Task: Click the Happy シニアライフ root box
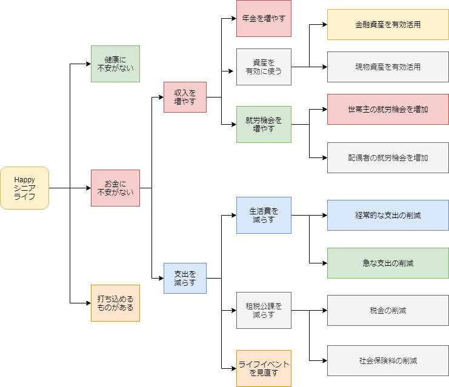(24, 188)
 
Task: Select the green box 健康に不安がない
(115, 64)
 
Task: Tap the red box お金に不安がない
(115, 188)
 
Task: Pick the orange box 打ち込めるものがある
(115, 303)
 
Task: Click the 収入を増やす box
(185, 97)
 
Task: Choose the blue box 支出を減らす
(185, 278)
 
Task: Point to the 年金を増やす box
(264, 18)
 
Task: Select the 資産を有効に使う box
(264, 67)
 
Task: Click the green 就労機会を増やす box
(264, 124)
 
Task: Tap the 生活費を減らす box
(264, 215)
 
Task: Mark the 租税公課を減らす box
(264, 310)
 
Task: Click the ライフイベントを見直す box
(264, 368)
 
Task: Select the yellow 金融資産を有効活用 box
(388, 25)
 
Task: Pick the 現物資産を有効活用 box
(388, 67)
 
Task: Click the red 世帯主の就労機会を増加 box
(388, 109)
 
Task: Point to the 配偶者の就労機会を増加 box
(388, 157)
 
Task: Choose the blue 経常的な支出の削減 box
(388, 215)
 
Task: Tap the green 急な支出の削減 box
(388, 263)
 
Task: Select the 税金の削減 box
(388, 310)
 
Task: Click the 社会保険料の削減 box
(388, 360)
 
